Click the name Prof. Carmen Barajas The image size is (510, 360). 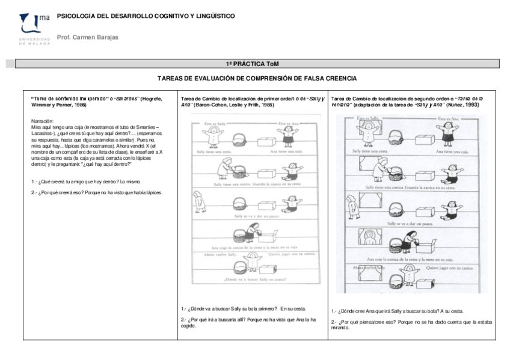(x=87, y=37)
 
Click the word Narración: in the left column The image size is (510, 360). (x=43, y=121)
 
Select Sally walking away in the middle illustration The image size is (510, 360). (x=200, y=201)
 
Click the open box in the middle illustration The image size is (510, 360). (x=269, y=235)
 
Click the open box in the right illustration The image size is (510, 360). (x=427, y=244)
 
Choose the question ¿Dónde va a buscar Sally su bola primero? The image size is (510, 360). (x=231, y=307)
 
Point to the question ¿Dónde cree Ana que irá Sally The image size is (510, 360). (x=379, y=311)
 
